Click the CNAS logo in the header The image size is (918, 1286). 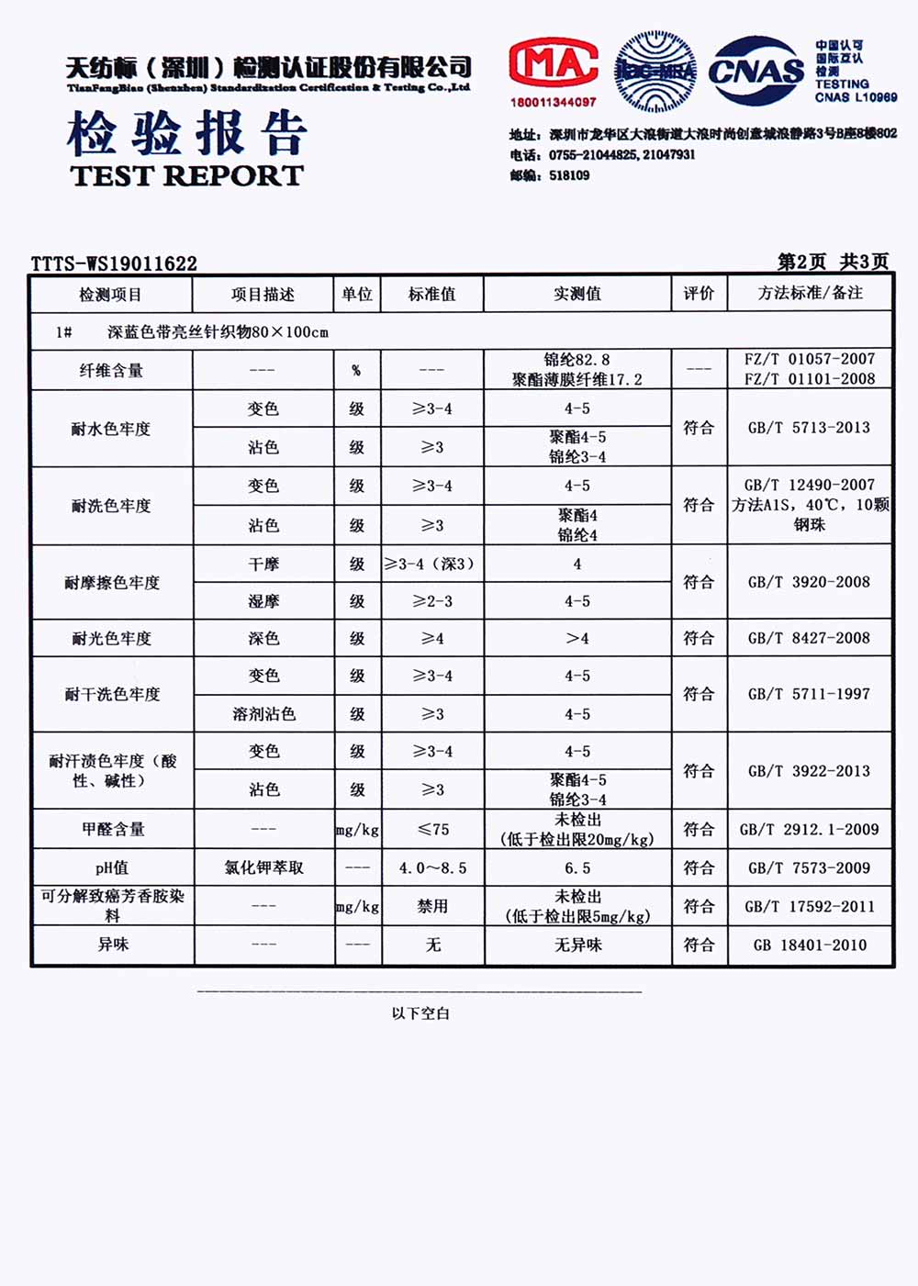point(756,71)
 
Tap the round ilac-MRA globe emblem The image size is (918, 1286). point(655,71)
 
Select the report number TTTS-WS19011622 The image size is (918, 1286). point(114,263)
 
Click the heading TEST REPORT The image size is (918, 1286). point(186,175)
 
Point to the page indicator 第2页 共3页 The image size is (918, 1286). point(833,262)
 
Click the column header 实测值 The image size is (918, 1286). point(577,294)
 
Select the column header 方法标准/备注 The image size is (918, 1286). point(810,293)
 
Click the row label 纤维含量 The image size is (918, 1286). point(111,370)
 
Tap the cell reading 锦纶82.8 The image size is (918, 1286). point(577,360)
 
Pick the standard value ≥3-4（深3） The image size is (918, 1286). point(431,564)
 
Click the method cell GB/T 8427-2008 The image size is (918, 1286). point(809,638)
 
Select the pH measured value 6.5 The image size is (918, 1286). point(577,867)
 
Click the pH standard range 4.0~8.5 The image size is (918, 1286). point(432,867)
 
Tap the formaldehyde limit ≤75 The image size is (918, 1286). point(432,829)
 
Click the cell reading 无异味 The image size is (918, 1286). point(577,945)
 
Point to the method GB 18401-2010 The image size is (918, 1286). point(809,945)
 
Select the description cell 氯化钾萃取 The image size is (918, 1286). point(263,867)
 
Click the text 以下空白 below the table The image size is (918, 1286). point(420,1013)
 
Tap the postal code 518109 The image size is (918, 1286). point(569,175)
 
